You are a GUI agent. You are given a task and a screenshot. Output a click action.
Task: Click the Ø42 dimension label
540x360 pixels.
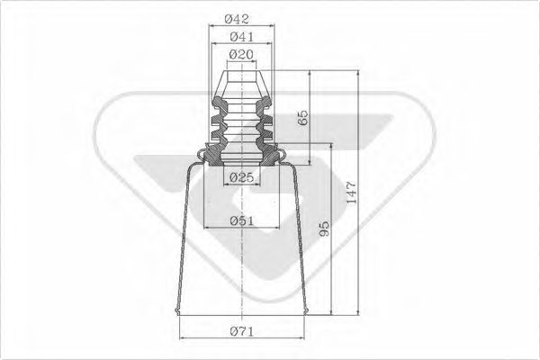(238, 16)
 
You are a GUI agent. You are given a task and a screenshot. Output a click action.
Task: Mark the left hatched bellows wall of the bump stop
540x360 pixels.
(216, 126)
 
